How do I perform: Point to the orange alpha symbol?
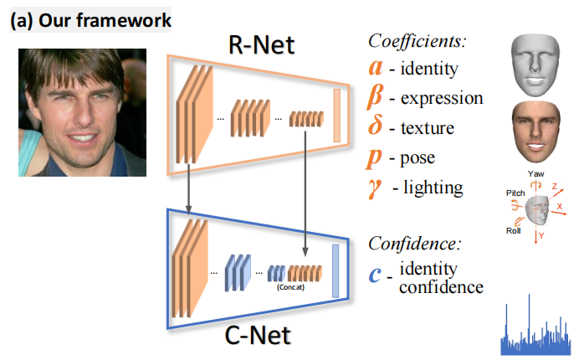click(x=377, y=67)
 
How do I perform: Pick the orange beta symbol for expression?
click(x=378, y=98)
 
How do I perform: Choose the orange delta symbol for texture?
click(x=378, y=128)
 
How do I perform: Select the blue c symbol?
click(x=378, y=275)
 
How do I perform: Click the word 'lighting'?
click(x=433, y=188)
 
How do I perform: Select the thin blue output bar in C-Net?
click(x=336, y=271)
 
